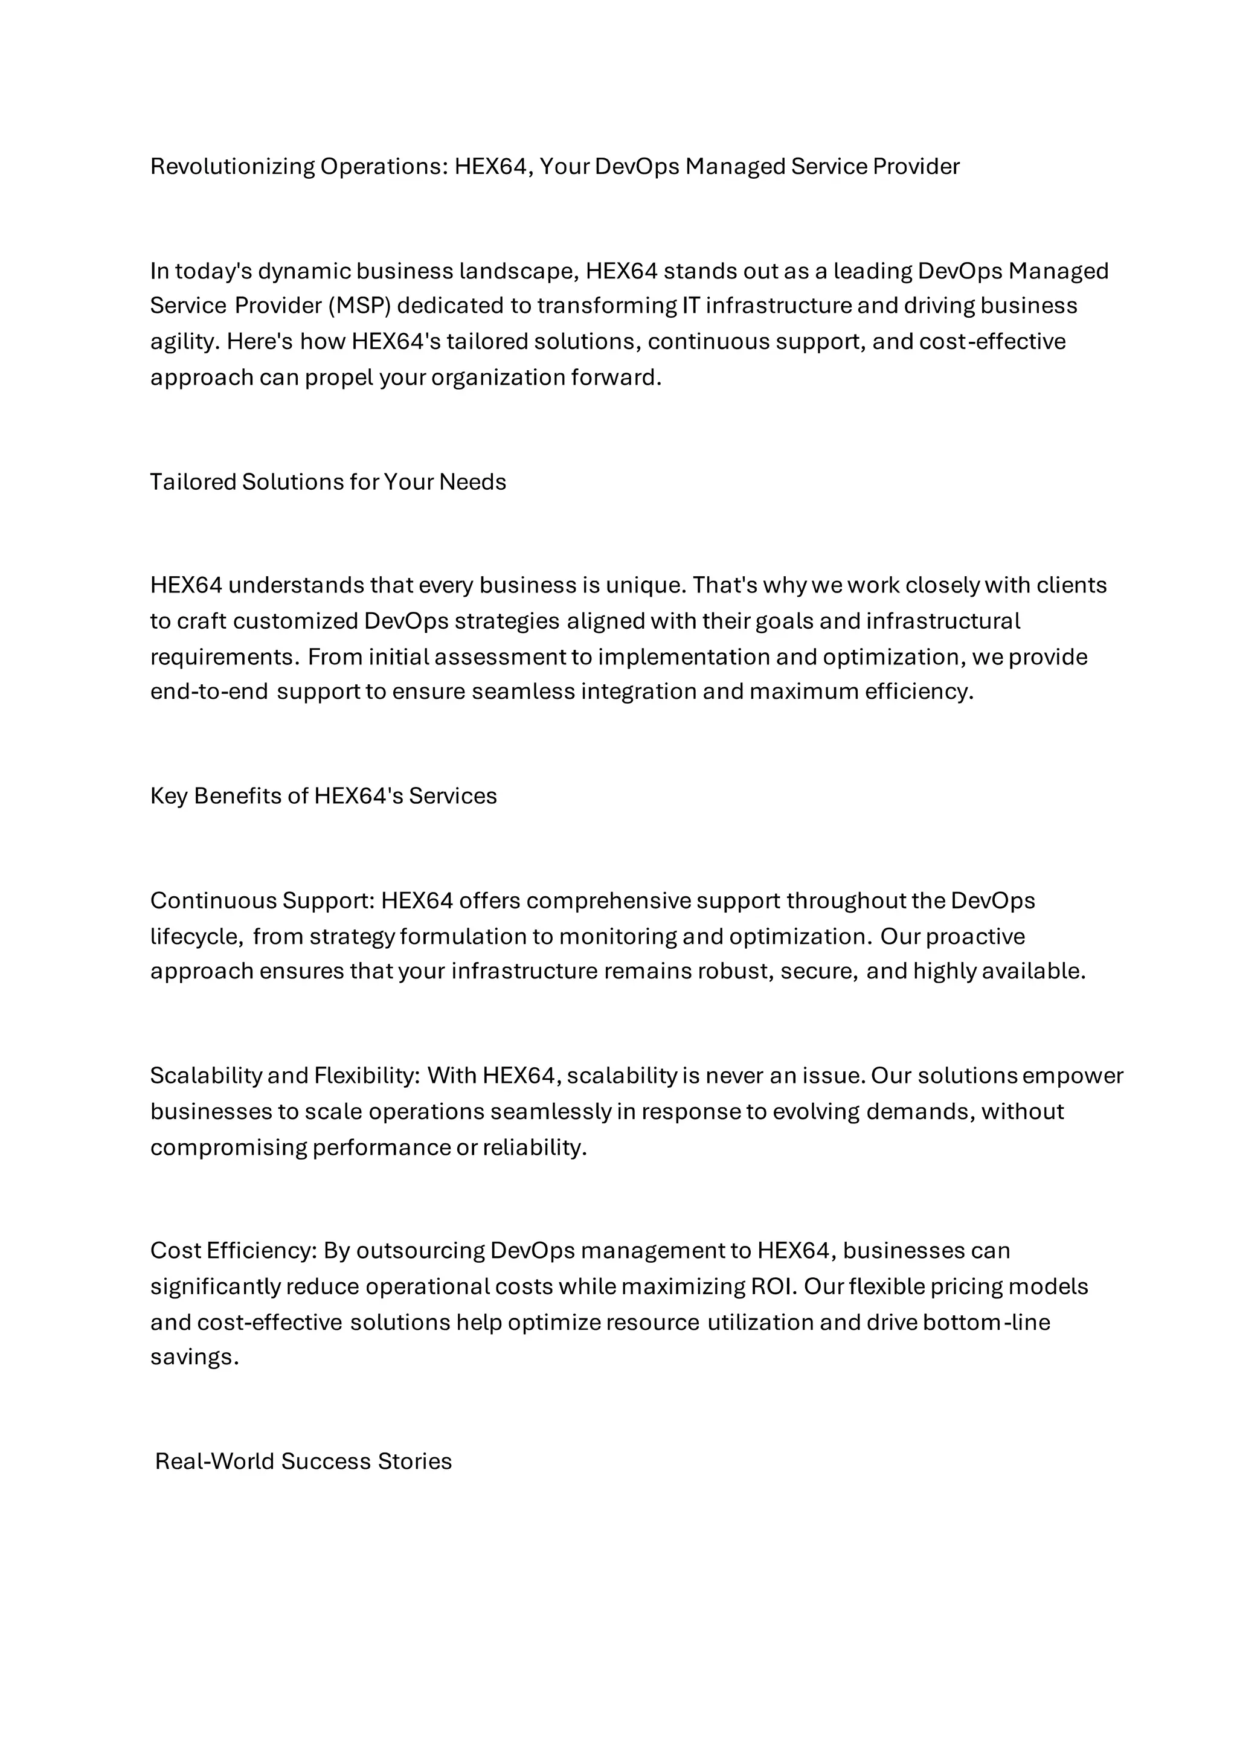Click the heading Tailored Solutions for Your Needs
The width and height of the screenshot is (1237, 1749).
click(327, 482)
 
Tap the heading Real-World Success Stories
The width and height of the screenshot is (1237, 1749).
click(303, 1461)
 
